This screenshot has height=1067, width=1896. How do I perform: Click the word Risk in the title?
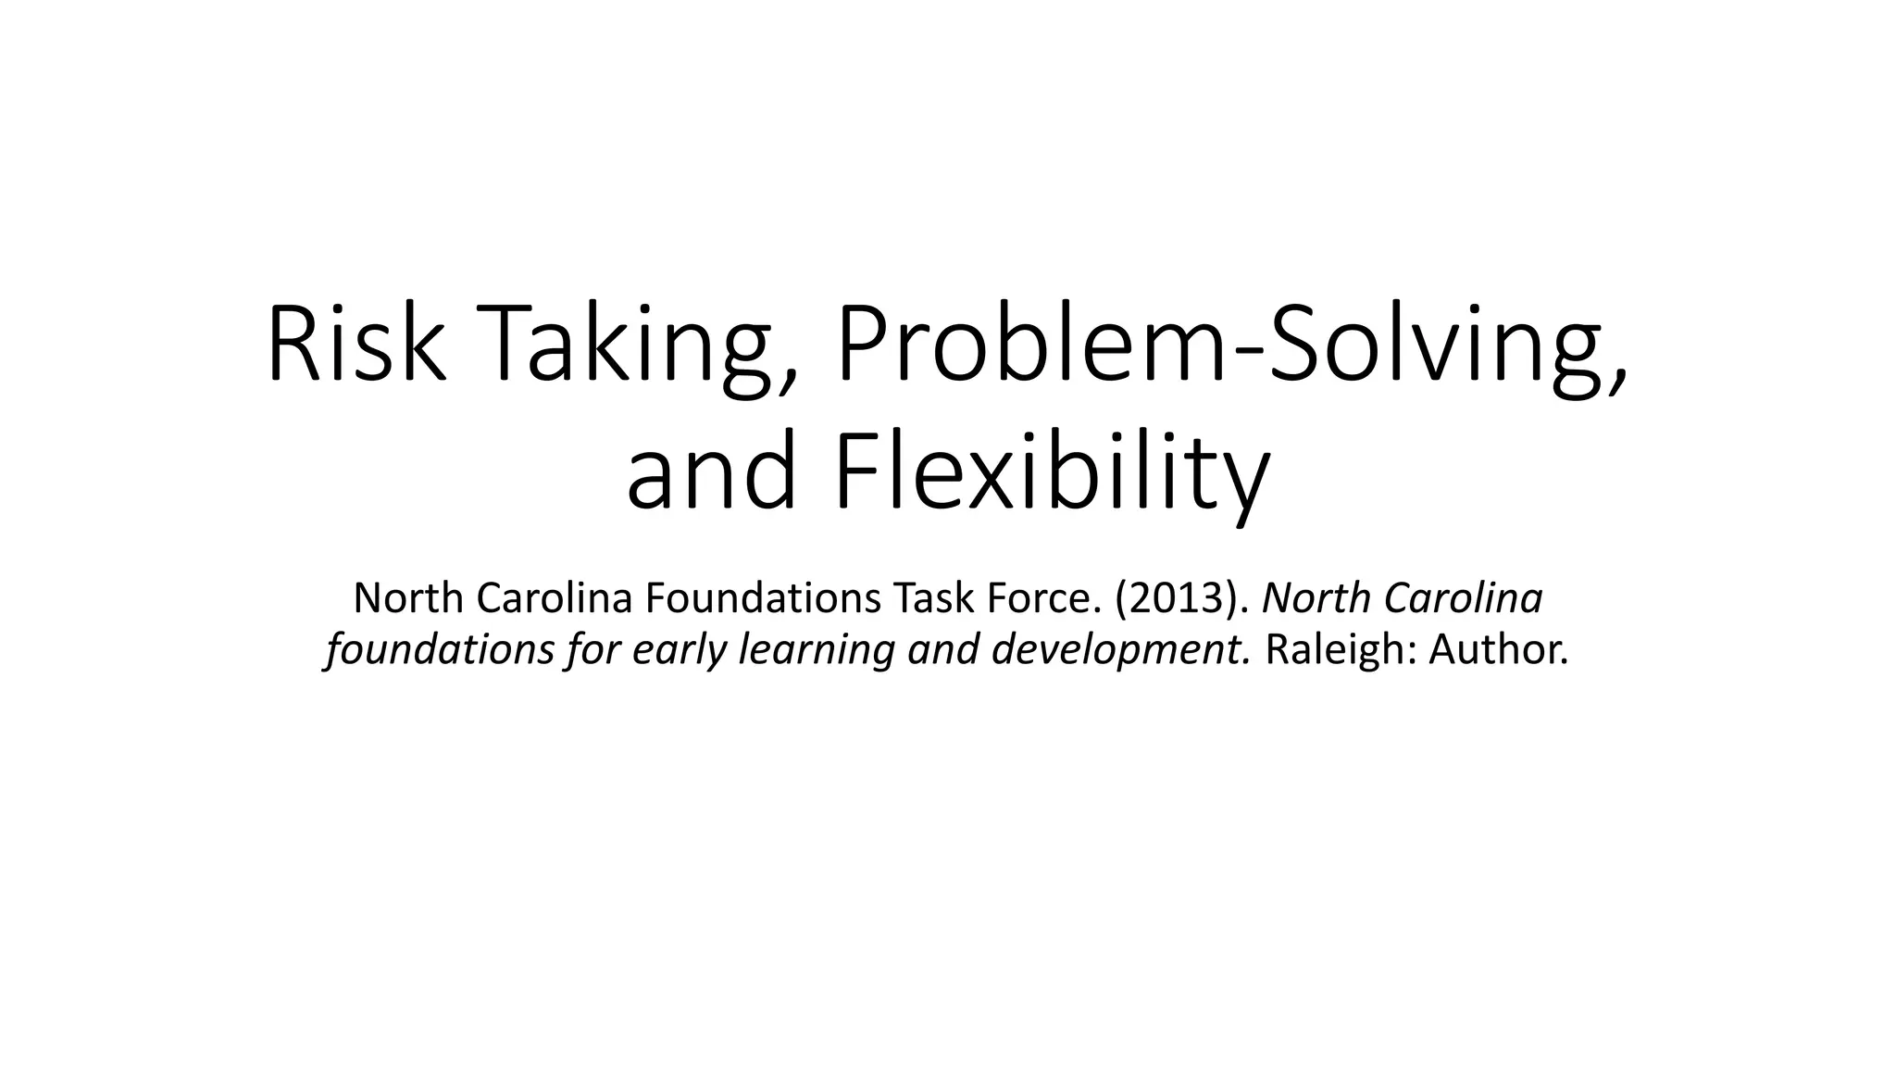tap(356, 345)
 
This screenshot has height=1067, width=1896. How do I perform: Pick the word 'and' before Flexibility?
tap(711, 474)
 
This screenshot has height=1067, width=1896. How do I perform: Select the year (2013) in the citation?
tap(1183, 599)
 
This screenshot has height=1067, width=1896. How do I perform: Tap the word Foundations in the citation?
tap(763, 599)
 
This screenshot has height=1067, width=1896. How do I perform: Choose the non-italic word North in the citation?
tap(407, 599)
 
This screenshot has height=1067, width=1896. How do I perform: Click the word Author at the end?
tap(1497, 650)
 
